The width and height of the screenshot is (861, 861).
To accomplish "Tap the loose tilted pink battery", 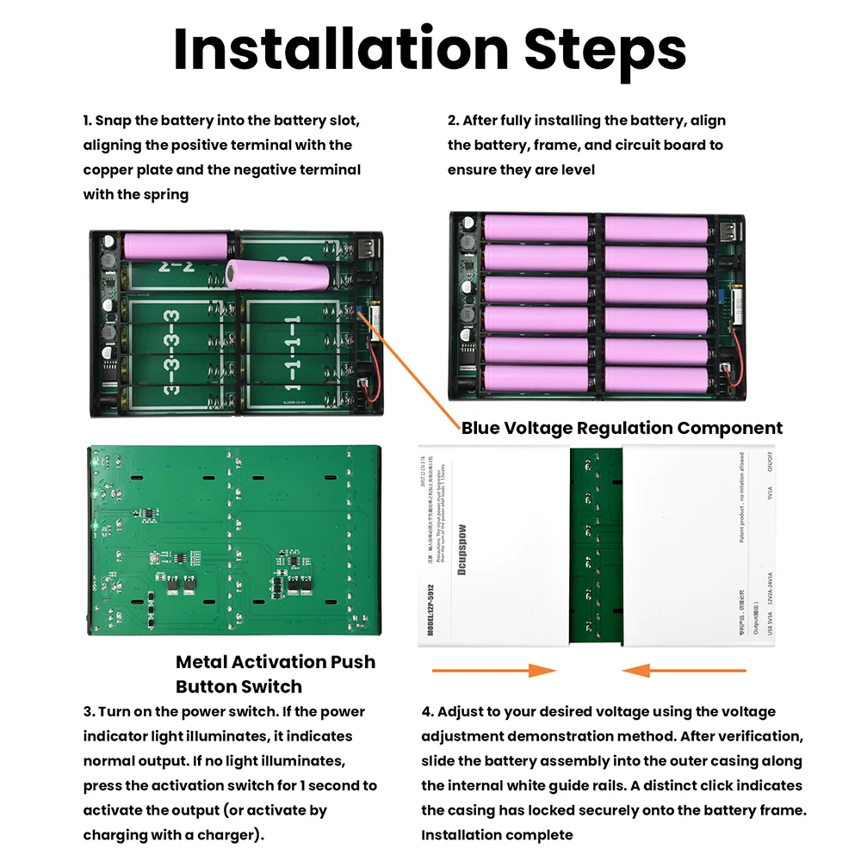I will tap(277, 276).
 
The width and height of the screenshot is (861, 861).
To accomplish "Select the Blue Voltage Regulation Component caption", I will tap(622, 428).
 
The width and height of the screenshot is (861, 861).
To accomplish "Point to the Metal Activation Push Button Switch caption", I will tap(276, 674).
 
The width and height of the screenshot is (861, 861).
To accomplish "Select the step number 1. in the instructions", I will tap(87, 121).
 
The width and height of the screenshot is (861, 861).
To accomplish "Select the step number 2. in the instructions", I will tap(453, 121).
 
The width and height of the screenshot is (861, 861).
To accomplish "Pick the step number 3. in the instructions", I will tap(88, 712).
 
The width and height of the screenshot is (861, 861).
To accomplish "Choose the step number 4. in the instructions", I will tap(427, 712).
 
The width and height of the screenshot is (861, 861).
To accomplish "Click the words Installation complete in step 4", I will tap(497, 835).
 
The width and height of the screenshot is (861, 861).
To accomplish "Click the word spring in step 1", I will tap(166, 195).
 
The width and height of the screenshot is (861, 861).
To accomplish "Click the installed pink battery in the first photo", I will tap(176, 246).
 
